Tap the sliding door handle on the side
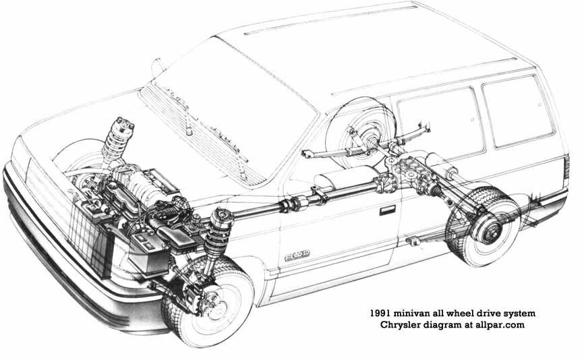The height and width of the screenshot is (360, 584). click(x=387, y=210)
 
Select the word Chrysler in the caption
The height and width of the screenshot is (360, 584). click(x=400, y=326)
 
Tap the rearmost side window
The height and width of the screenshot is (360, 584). click(x=517, y=111)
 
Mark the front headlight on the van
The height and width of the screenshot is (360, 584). click(x=20, y=159)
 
